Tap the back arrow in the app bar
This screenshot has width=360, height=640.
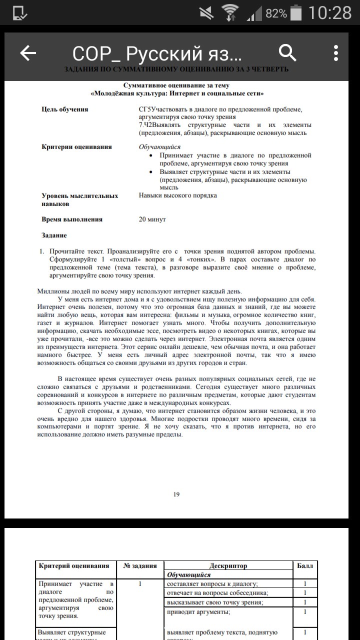(28, 53)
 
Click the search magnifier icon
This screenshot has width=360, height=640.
(287, 52)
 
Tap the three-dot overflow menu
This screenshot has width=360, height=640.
(336, 53)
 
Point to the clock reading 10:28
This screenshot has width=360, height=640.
(330, 13)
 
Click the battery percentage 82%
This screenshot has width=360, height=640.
(276, 13)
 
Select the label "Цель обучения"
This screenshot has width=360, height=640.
(65, 109)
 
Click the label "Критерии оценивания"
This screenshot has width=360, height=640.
(76, 147)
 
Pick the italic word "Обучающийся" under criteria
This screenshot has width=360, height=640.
(159, 147)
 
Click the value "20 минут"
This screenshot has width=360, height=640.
(152, 219)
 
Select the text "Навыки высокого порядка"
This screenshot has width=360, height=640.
(177, 195)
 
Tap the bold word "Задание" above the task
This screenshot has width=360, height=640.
(54, 235)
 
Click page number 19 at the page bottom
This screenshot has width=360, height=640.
(176, 494)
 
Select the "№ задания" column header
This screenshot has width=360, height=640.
(140, 566)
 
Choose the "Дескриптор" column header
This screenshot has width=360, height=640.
(228, 566)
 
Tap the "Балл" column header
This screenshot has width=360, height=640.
(304, 566)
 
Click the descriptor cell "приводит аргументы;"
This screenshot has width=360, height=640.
(198, 611)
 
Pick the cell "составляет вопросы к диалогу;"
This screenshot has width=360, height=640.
(212, 583)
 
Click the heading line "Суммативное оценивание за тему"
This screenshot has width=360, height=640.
(176, 85)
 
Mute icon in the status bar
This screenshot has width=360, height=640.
(205, 13)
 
